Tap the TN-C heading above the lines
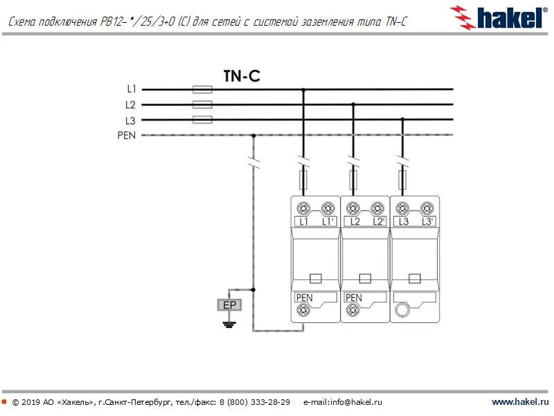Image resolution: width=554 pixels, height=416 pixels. point(242,76)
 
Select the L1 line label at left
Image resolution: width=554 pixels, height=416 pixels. point(132,89)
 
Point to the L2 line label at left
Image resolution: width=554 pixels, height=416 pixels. point(131,105)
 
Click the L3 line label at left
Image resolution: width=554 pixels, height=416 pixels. point(131,120)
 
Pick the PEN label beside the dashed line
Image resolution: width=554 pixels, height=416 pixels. point(127,135)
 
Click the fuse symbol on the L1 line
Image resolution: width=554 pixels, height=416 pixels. point(202,89)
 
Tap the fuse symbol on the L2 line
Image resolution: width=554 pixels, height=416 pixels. point(202,105)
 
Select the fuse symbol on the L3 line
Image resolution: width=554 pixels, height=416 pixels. point(202,120)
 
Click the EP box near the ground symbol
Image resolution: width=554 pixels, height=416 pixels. point(228,305)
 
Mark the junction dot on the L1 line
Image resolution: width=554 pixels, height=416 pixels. point(303,89)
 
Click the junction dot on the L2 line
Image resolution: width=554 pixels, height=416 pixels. point(353,105)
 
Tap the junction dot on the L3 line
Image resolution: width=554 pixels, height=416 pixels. point(402,120)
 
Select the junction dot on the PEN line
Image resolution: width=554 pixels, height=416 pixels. point(253,135)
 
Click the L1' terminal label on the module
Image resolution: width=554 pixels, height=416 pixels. point(328,222)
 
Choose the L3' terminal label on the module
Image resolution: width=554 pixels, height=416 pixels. point(427,222)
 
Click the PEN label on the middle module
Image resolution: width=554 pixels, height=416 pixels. point(353,298)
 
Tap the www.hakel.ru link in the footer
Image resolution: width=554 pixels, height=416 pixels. point(520,402)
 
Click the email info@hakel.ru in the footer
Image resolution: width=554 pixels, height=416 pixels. point(343,402)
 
